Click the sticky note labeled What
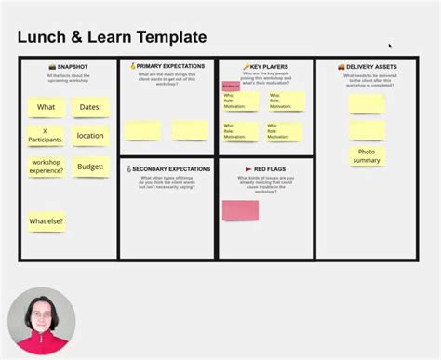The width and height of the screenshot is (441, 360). coord(46,107)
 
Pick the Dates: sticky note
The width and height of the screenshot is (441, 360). coord(90,107)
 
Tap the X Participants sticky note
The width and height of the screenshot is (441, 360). coord(46,136)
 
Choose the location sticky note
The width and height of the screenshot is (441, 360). coord(90,136)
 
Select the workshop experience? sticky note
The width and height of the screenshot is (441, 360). coord(46,167)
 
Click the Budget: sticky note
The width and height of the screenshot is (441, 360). coord(90,167)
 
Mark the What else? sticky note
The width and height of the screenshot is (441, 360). coord(46,221)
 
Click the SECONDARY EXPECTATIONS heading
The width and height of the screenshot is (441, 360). coord(169,168)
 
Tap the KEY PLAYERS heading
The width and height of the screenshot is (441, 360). coord(266,67)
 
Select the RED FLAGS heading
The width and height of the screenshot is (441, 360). coord(266,169)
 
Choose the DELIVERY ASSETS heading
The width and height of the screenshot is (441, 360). coord(366,67)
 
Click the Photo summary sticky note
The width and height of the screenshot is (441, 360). coord(367,156)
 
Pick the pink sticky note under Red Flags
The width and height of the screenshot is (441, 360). coord(240,210)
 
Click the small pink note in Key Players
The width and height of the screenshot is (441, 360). coord(230,87)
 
